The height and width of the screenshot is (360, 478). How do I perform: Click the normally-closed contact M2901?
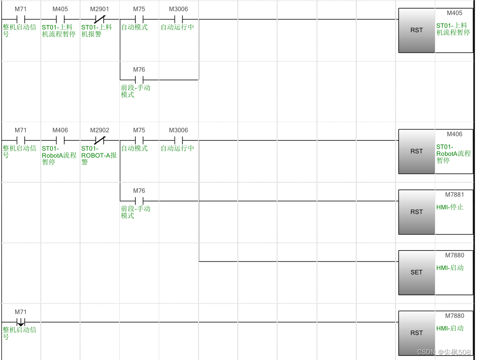click(99, 19)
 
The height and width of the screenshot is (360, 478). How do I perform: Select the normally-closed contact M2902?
click(99, 141)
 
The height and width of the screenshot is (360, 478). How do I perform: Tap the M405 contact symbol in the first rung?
click(60, 19)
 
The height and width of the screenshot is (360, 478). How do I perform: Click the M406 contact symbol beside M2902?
click(60, 141)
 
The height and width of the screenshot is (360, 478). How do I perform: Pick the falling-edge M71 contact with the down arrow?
click(20, 322)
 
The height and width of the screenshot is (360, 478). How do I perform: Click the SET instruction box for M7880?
click(416, 272)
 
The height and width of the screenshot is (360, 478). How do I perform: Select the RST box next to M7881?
click(416, 212)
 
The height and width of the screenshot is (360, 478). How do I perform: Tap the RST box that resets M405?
click(416, 30)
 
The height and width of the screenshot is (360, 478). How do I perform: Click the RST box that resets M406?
click(416, 151)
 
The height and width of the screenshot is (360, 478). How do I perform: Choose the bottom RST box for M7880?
click(416, 333)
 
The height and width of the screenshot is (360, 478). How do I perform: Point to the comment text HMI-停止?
click(450, 207)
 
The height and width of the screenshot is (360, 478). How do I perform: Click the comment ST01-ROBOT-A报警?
click(99, 155)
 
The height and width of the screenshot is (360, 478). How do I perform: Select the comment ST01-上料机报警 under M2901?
click(97, 31)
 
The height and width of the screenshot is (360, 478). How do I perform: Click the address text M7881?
click(454, 195)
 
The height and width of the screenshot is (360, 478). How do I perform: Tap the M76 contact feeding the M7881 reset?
click(139, 201)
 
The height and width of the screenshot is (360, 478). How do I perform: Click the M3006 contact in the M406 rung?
click(179, 141)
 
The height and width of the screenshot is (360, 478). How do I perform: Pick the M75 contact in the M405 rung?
click(139, 19)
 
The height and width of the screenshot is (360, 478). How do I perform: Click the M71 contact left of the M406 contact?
click(20, 141)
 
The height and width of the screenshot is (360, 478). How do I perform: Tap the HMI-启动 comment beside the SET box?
click(450, 268)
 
